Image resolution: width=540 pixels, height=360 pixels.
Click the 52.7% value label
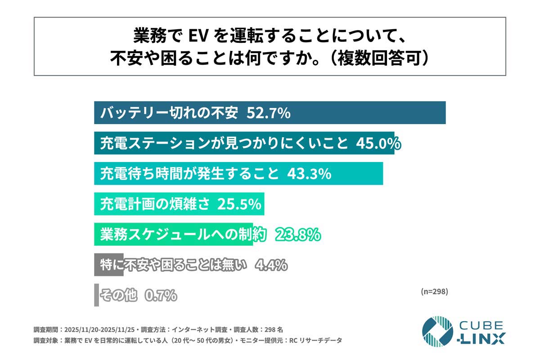tap(268, 113)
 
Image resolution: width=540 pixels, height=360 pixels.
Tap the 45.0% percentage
tap(378, 144)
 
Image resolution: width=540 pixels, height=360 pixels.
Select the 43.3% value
tap(309, 174)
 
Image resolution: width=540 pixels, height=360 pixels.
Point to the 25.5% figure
tap(239, 204)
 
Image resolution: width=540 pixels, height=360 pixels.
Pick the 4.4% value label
tap(271, 265)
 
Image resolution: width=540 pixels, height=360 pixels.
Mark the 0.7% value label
tap(161, 296)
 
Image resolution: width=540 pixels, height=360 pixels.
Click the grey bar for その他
tap(96, 295)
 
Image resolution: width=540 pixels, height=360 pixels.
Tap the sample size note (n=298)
tap(434, 291)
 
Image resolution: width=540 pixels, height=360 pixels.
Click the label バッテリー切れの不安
tap(169, 113)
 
